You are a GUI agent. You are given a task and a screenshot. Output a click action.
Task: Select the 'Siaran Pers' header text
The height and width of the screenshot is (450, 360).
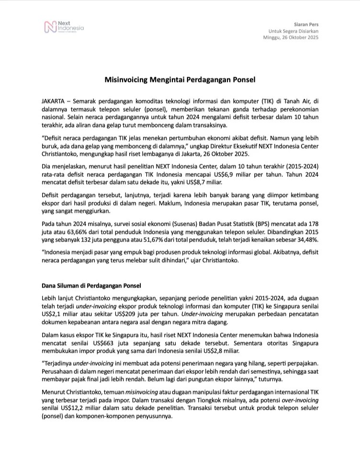[306, 24]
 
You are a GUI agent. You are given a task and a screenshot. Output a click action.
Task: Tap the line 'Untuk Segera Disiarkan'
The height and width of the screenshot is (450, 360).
[293, 31]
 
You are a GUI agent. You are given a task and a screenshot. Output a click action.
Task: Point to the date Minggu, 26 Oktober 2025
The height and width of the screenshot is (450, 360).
[291, 37]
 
